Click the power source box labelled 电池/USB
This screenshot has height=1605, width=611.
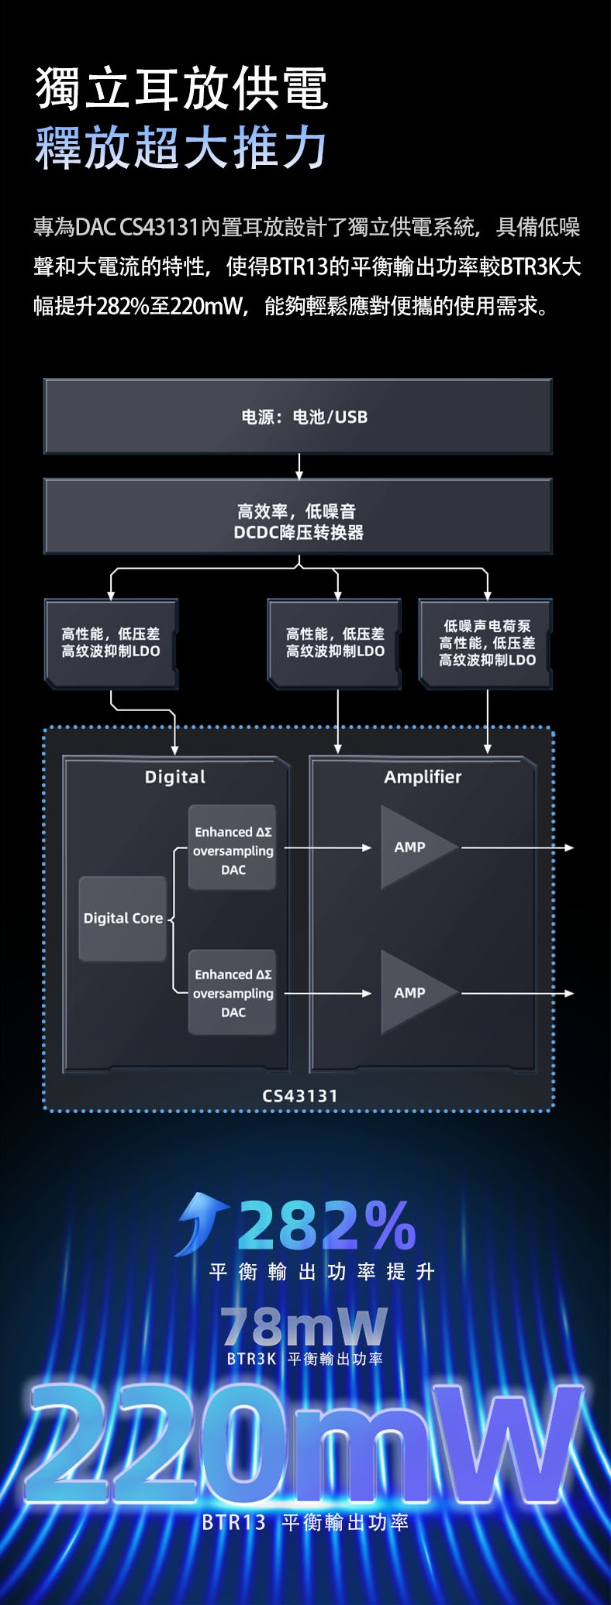click(x=299, y=417)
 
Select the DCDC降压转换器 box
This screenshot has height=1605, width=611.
click(x=299, y=517)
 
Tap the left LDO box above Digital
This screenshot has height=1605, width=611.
click(x=111, y=644)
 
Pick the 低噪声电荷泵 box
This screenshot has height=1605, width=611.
click(x=486, y=644)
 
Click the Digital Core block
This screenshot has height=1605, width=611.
click(x=123, y=919)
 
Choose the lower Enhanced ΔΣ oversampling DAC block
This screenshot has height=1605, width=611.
click(x=233, y=992)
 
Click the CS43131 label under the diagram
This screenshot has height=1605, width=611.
click(x=300, y=1096)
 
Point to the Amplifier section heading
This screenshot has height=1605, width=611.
click(x=423, y=777)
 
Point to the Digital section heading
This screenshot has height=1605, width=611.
click(x=175, y=777)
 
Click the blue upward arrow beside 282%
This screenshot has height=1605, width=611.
click(x=200, y=1223)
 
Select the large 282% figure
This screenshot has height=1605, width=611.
click(x=327, y=1225)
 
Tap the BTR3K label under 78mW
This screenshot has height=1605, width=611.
click(x=251, y=1359)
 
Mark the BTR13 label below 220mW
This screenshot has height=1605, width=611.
click(x=233, y=1522)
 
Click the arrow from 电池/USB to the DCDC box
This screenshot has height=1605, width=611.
click(x=299, y=466)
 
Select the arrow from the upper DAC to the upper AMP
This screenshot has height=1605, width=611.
click(x=328, y=847)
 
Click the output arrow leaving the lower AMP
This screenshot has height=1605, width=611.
click(x=518, y=993)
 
